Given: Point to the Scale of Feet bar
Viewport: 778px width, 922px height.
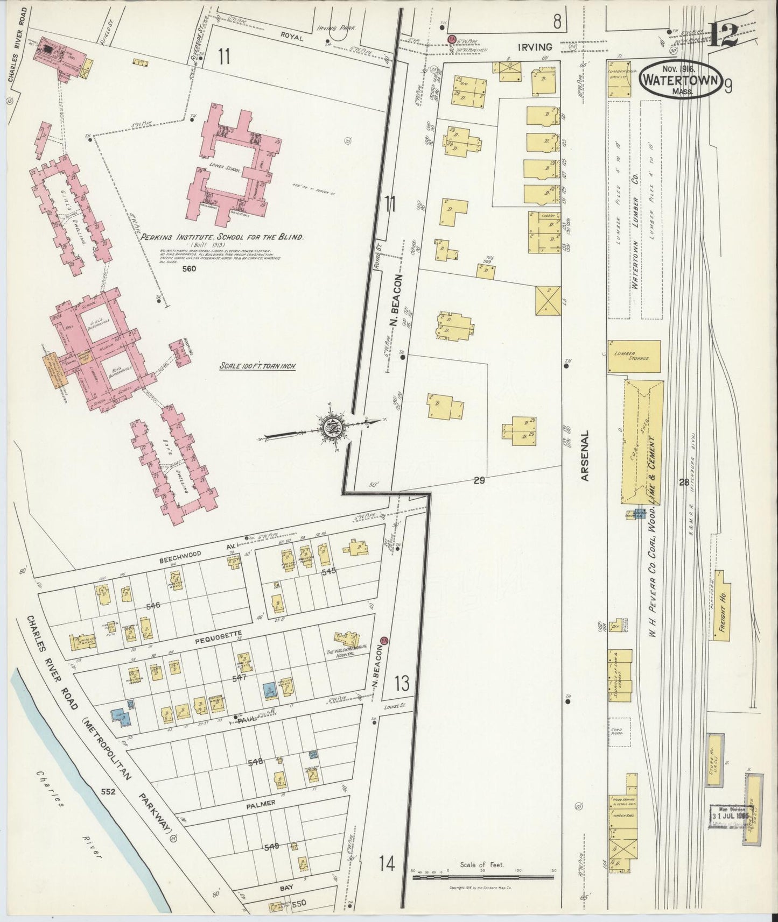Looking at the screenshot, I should point(483,877).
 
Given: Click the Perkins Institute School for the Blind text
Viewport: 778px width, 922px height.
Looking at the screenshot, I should point(222,237).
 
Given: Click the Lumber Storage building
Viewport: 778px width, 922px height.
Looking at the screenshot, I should point(634,356).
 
